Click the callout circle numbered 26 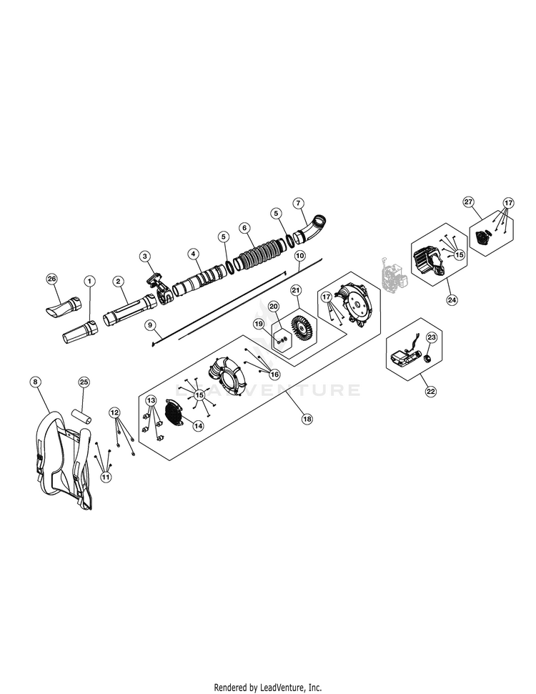point(52,279)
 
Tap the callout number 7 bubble point(299,203)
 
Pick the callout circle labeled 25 point(84,382)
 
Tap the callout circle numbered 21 point(296,290)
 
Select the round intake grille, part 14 point(174,413)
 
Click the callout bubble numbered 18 point(307,419)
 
